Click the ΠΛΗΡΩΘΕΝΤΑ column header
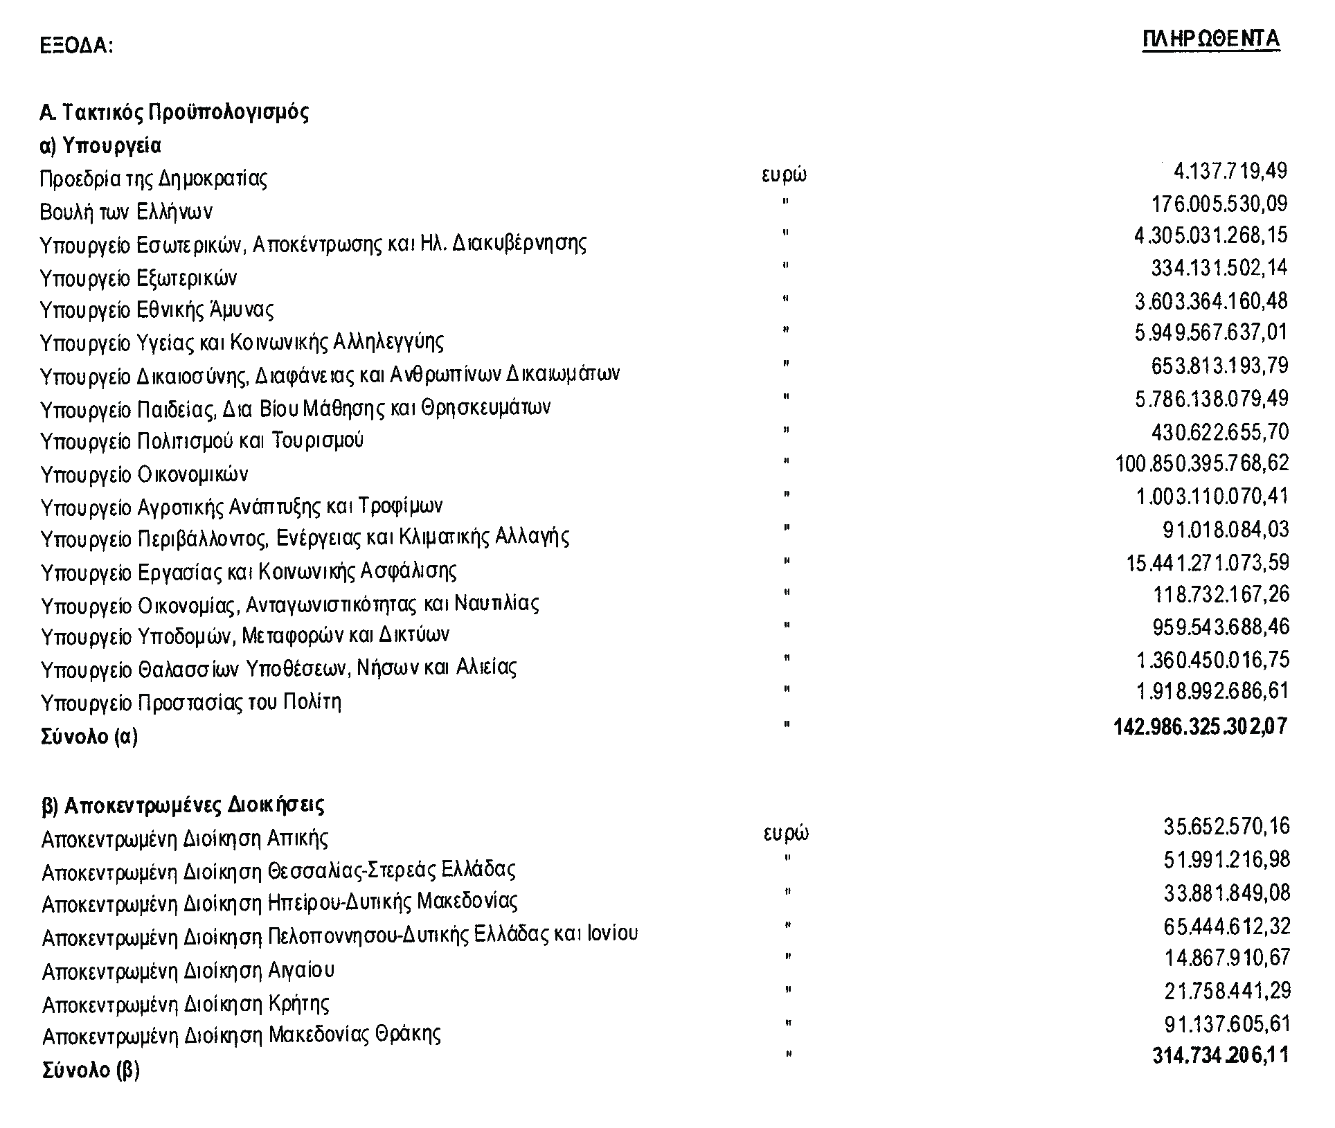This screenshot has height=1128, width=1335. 1210,39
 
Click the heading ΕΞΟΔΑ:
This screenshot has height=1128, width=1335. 76,46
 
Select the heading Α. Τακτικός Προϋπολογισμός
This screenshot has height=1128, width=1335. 174,112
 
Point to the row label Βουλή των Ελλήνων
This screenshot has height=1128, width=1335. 126,212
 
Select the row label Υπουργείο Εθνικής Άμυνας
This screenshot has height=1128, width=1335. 156,310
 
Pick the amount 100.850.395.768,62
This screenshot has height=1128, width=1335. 1201,463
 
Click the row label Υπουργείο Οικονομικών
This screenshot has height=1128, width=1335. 144,475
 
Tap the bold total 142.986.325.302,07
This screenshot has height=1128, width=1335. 1200,726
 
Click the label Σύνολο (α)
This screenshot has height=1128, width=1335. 89,736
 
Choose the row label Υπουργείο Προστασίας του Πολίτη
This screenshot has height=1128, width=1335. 191,703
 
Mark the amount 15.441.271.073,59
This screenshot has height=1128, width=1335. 1207,562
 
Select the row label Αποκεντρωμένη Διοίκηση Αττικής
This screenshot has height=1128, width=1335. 185,839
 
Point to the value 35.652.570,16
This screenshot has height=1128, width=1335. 1226,827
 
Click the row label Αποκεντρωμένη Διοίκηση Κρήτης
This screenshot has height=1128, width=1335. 186,1003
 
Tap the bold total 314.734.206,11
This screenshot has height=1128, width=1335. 1220,1056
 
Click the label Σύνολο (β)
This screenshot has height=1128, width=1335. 91,1071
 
